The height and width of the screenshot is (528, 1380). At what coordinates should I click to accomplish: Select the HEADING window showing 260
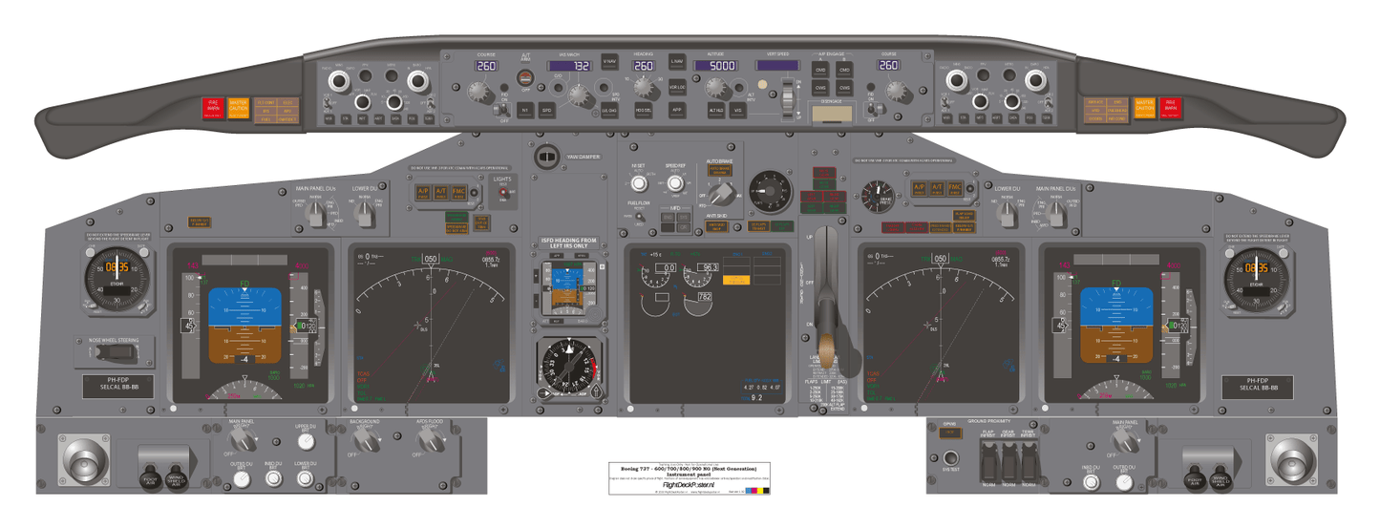point(644,66)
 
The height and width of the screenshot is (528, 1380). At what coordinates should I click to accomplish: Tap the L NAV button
point(676,62)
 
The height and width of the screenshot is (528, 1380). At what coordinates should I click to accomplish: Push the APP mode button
point(677,110)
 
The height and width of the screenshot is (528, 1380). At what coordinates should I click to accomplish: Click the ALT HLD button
point(715,111)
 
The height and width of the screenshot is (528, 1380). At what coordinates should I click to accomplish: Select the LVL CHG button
point(608,111)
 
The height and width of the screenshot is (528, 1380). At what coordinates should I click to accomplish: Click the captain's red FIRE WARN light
point(213,108)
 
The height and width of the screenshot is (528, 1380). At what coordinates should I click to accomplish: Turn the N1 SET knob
point(639,183)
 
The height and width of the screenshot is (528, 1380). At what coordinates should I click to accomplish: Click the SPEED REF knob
point(675,183)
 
